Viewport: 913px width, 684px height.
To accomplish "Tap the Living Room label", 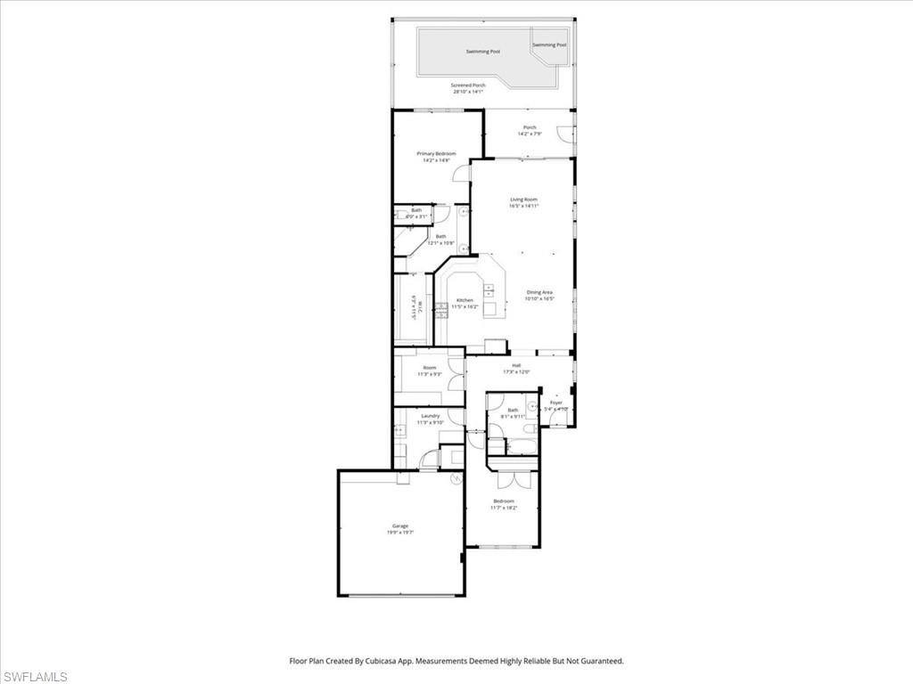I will click(523, 199).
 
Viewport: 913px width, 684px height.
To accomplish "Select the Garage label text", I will click(400, 526).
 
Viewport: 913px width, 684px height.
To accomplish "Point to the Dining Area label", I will click(539, 292).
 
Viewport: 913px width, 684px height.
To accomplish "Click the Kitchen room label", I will click(465, 301).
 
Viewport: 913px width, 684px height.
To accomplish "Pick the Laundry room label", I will click(431, 416).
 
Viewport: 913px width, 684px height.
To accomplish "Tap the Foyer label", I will click(556, 403).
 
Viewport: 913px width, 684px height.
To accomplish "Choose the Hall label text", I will click(516, 365).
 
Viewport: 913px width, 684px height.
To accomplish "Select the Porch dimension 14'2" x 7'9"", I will click(531, 134).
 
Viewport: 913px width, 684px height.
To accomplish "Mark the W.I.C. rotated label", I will click(414, 308).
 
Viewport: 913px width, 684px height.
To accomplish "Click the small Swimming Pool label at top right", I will click(549, 45).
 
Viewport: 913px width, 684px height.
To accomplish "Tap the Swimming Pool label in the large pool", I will click(483, 52).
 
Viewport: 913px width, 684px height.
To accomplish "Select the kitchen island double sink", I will click(489, 289).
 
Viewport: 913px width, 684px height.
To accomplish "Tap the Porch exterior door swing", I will click(564, 134).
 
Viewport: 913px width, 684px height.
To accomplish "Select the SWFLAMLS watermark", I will click(35, 677).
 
